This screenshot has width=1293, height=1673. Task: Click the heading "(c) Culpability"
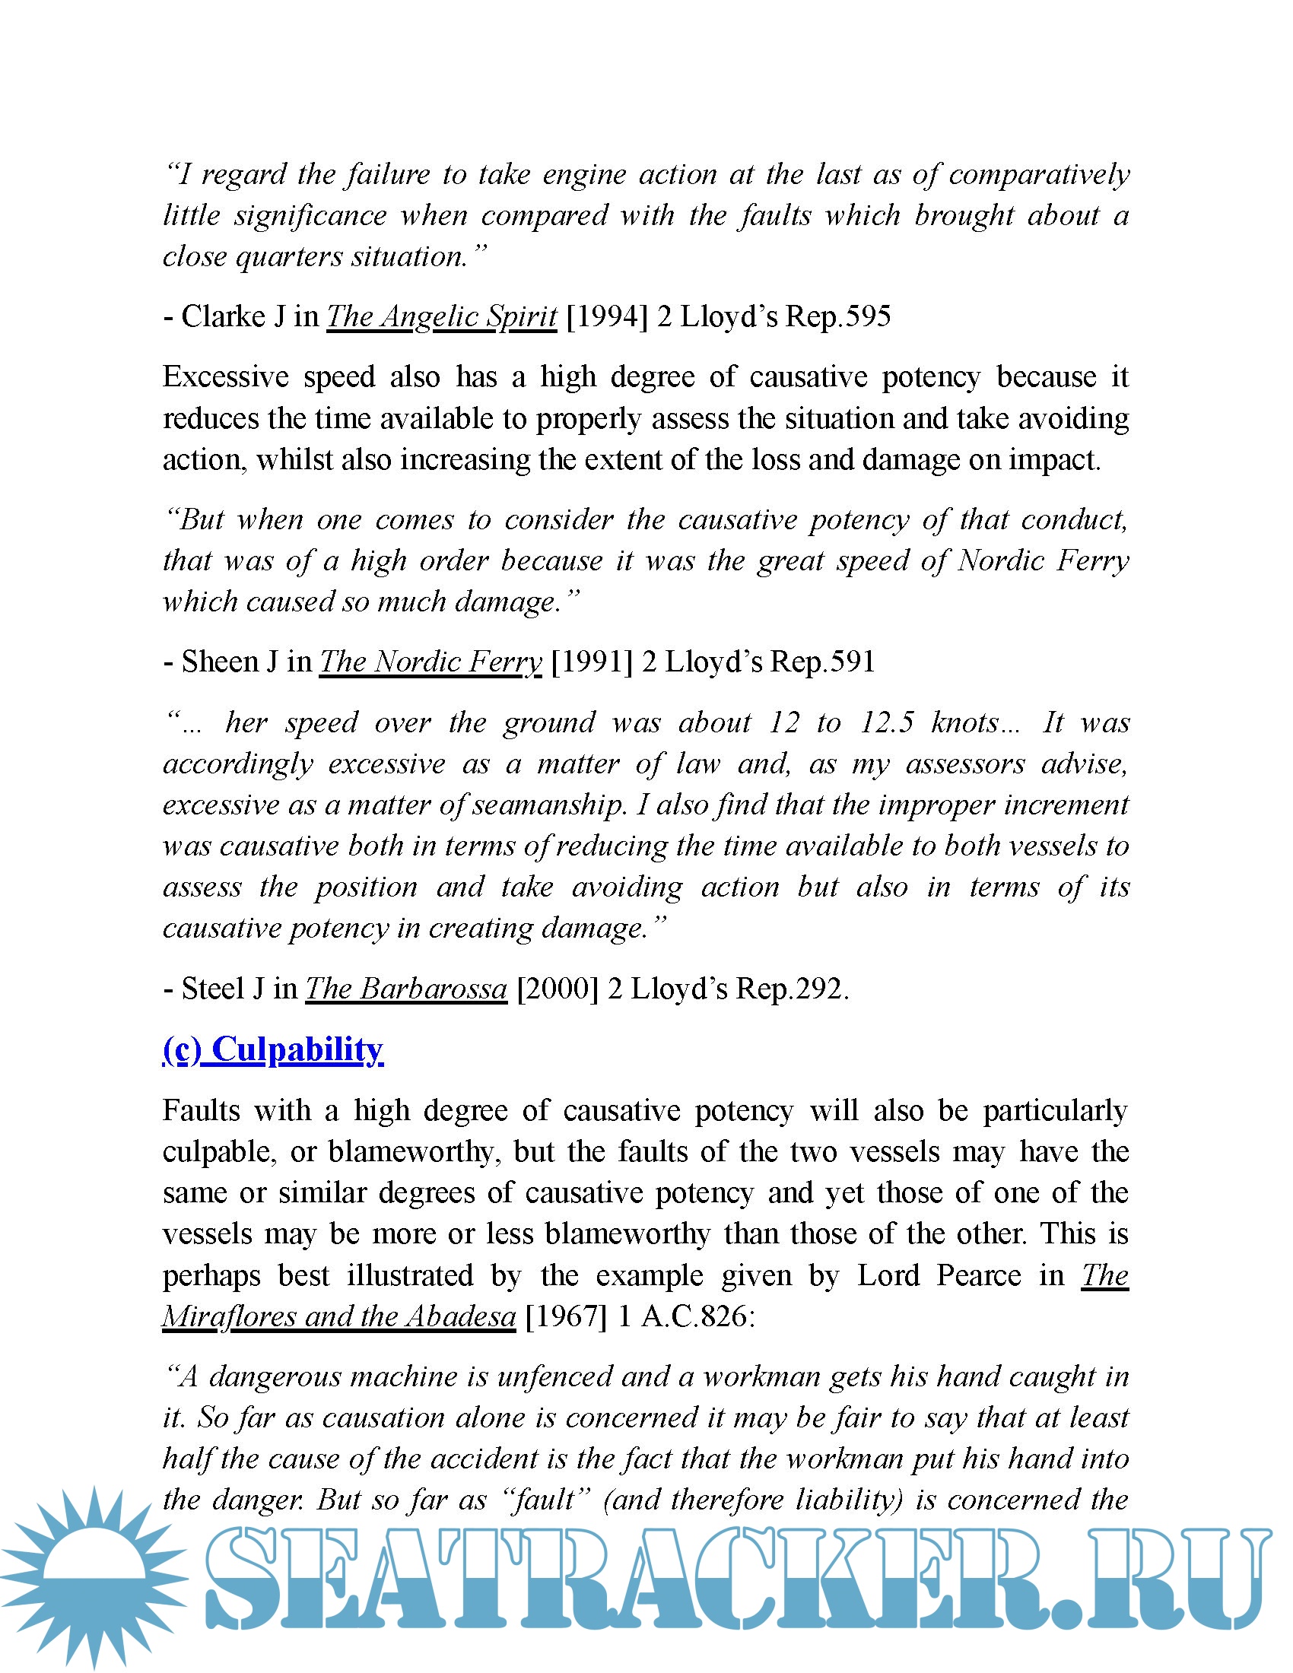273,1049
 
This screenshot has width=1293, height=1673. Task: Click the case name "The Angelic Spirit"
441,316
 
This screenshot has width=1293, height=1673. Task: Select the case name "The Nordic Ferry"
430,662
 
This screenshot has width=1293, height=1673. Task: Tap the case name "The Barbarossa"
406,989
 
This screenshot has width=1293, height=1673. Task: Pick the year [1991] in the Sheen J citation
591,662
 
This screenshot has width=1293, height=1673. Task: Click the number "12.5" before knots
887,722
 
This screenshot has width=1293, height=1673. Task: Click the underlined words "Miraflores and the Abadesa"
338,1316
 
